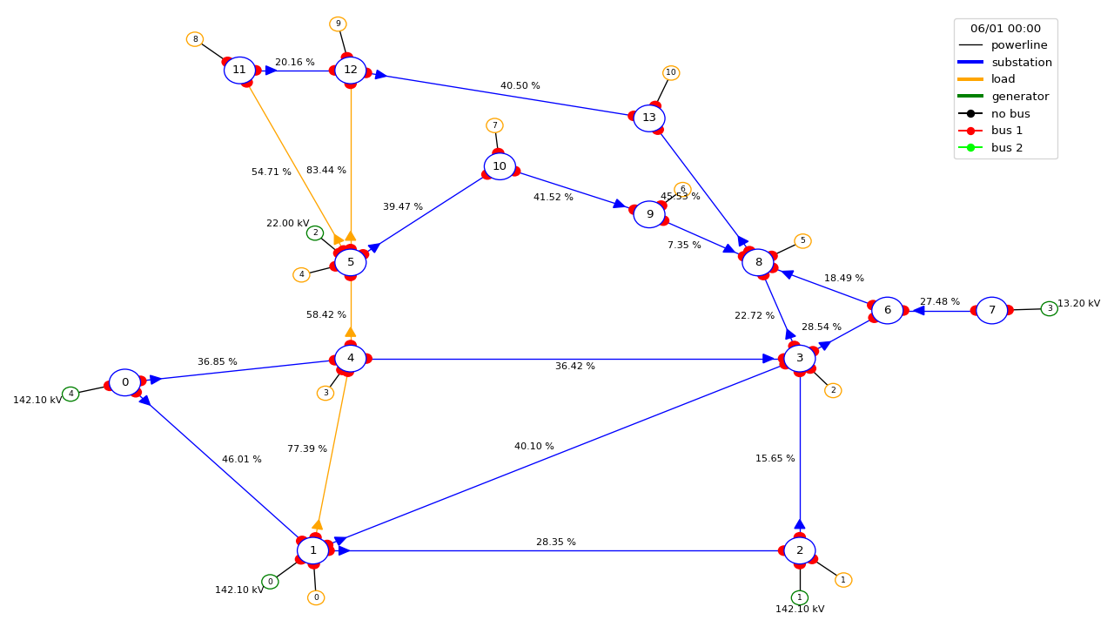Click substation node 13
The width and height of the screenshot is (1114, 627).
[649, 118]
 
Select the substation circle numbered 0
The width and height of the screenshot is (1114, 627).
[124, 382]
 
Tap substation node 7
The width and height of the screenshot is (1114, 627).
[991, 311]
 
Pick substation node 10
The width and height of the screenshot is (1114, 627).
[500, 166]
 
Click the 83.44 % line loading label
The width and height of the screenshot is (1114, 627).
[326, 170]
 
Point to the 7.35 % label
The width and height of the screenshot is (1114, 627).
[684, 245]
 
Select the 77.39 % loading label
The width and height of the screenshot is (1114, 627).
[307, 448]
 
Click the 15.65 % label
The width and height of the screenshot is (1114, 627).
[775, 458]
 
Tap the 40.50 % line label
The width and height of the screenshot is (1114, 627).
[520, 85]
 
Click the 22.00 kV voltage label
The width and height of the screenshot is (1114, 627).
[288, 224]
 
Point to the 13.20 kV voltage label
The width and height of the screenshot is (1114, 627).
[1078, 303]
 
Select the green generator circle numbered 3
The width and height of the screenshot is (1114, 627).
[1050, 309]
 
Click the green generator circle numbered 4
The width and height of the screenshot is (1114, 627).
[70, 394]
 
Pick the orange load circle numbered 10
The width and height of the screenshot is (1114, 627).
[671, 72]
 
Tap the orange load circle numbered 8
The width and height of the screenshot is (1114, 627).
[195, 39]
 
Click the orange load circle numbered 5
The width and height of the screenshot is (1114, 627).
[802, 241]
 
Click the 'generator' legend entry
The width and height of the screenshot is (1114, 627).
[1003, 96]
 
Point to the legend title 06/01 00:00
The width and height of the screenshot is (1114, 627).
[1005, 29]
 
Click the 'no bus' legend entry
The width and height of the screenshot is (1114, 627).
[994, 113]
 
